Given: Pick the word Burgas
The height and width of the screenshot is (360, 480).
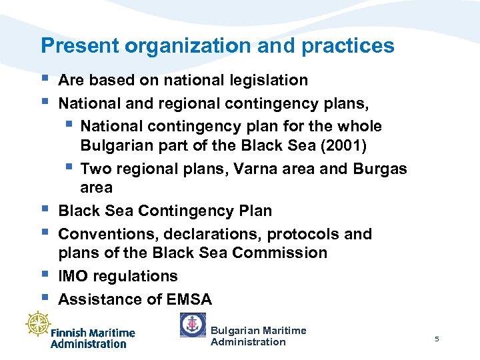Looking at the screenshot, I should [380, 169].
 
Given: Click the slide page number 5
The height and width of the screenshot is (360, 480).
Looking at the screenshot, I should [437, 339].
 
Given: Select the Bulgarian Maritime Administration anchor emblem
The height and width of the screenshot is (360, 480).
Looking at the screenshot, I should [193, 325].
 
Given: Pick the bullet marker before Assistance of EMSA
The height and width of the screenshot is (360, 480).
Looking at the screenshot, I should [45, 297].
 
